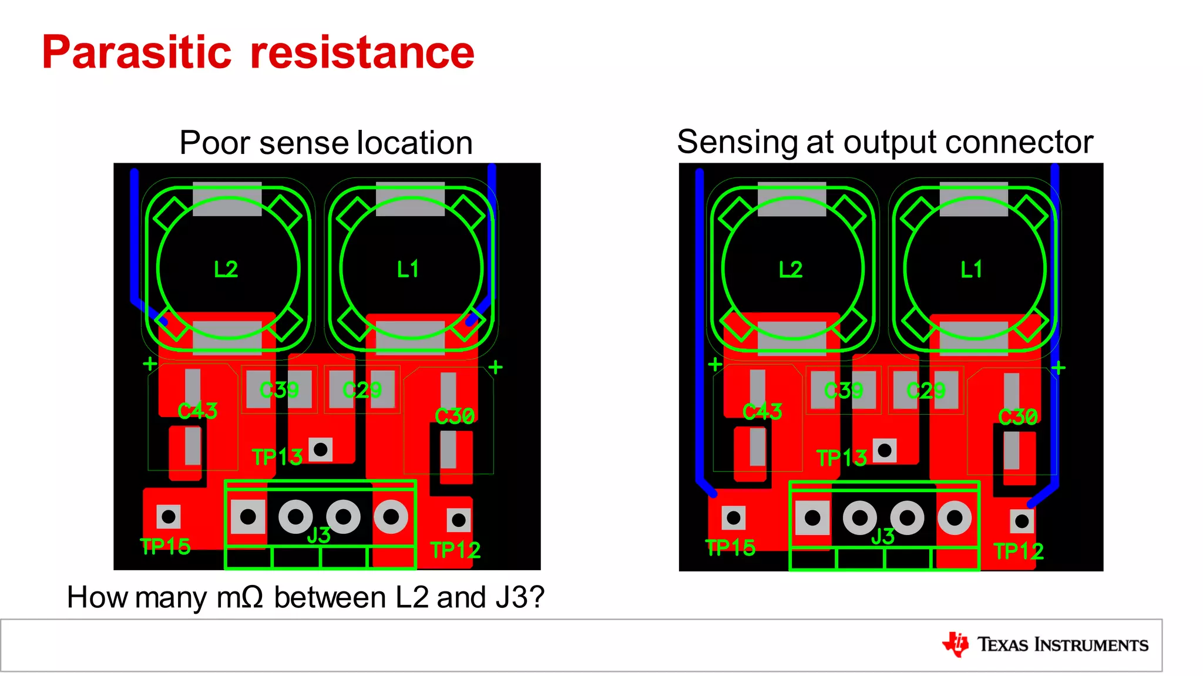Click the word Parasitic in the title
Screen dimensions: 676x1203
[x=137, y=53]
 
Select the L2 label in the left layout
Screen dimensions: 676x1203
[x=226, y=270]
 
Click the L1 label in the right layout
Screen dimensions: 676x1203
[x=971, y=270]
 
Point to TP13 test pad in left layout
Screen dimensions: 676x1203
[x=321, y=450]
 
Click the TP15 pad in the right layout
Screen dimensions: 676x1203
[x=733, y=518]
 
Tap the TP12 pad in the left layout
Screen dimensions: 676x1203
[x=459, y=520]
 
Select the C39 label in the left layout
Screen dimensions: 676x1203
[x=279, y=390]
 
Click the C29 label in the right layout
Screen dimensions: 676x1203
[x=926, y=391]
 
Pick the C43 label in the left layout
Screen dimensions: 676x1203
[x=197, y=411]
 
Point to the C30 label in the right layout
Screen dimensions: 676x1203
[x=1018, y=417]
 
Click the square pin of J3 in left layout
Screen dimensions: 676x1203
[x=248, y=517]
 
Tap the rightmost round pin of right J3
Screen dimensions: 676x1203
[x=955, y=518]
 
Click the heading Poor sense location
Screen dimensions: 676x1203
[x=326, y=143]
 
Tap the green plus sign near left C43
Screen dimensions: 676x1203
[x=150, y=364]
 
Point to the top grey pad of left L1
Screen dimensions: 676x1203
[x=410, y=199]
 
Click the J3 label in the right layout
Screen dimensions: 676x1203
[x=882, y=536]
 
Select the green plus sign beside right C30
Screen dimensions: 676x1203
[x=1058, y=368]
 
